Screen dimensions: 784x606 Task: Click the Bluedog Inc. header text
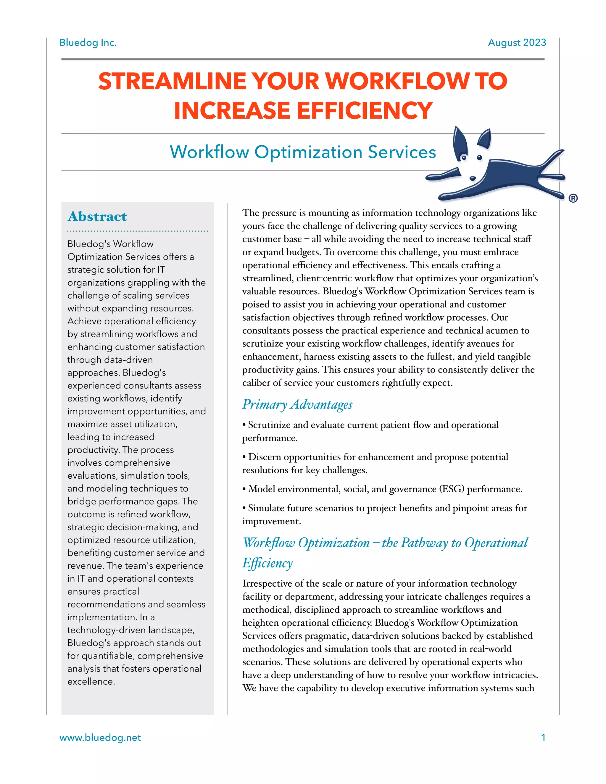(88, 43)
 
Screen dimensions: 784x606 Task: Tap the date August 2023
(517, 43)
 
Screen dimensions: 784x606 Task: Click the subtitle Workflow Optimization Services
(303, 152)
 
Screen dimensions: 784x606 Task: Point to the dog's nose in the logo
(473, 178)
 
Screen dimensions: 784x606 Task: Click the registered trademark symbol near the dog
(573, 198)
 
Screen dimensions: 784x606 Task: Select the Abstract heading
(97, 217)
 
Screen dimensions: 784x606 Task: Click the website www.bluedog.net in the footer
(100, 738)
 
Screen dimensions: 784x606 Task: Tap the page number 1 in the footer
(543, 738)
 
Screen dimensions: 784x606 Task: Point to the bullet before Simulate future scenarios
(244, 508)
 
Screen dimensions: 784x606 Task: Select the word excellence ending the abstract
(91, 682)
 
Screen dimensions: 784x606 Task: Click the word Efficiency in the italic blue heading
(267, 563)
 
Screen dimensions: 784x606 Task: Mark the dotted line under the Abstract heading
(138, 231)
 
